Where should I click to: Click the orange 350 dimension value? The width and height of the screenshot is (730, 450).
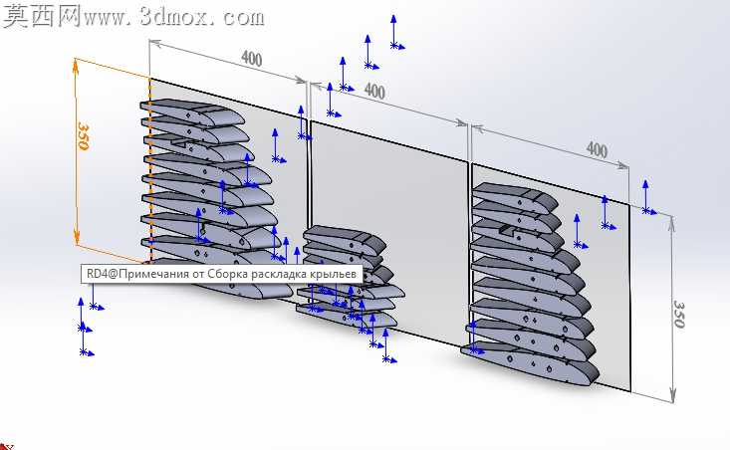click(x=83, y=135)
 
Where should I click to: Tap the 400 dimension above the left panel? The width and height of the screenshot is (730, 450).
click(x=251, y=58)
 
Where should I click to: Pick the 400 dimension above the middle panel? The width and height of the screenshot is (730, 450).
click(x=374, y=91)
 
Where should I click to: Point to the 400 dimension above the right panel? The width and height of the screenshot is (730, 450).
click(x=597, y=150)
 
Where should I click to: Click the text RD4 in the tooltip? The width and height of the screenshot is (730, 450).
click(x=97, y=274)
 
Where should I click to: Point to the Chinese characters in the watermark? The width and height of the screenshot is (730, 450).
click(x=42, y=16)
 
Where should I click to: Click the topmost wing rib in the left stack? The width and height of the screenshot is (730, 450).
click(x=192, y=112)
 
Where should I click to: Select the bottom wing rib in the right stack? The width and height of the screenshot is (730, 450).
click(x=530, y=363)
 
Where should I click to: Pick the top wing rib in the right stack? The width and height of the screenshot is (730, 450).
click(x=515, y=197)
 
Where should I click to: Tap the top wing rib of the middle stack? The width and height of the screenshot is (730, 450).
click(x=344, y=238)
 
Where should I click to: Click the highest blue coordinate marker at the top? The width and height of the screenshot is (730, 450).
click(x=395, y=32)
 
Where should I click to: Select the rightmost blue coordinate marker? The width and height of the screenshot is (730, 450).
click(x=647, y=197)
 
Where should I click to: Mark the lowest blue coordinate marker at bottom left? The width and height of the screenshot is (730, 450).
click(x=85, y=339)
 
